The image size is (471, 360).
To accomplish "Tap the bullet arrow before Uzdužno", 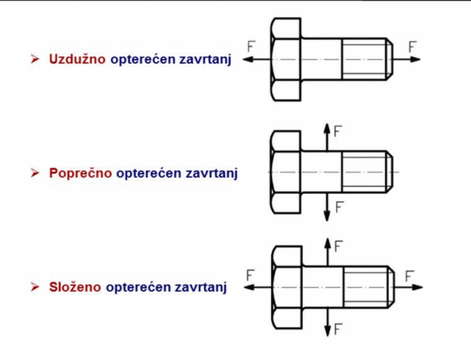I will (x=34, y=58).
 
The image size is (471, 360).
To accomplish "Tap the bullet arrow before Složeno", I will (x=34, y=287).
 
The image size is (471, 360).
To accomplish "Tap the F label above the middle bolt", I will (x=338, y=132).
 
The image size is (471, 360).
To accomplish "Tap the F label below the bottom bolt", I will (x=338, y=328).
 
